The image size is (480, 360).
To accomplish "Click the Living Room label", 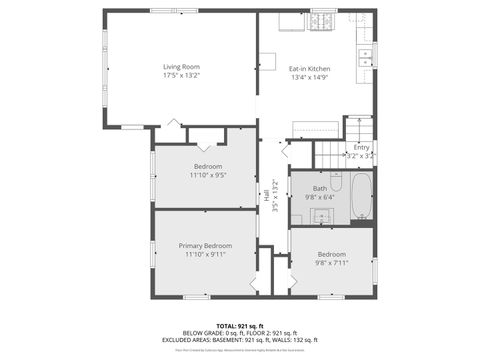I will tap(182, 67).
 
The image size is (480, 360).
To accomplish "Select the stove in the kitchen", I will tap(322, 19).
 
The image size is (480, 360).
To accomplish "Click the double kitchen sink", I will tap(366, 54).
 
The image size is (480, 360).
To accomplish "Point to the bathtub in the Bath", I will tap(360, 196).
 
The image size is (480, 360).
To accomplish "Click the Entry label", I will tap(361, 147).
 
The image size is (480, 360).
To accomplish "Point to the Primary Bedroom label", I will tap(205, 246).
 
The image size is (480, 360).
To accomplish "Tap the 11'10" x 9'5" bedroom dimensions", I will tap(207, 175).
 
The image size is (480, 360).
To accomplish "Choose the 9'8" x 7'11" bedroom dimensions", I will tap(332, 263).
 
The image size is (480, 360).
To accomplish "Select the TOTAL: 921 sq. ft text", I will tap(240, 326).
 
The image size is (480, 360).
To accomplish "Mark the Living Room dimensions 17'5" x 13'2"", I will tap(182, 76).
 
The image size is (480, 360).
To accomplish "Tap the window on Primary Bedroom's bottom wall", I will tap(196, 297).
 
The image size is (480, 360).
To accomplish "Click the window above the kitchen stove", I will tap(323, 11).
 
